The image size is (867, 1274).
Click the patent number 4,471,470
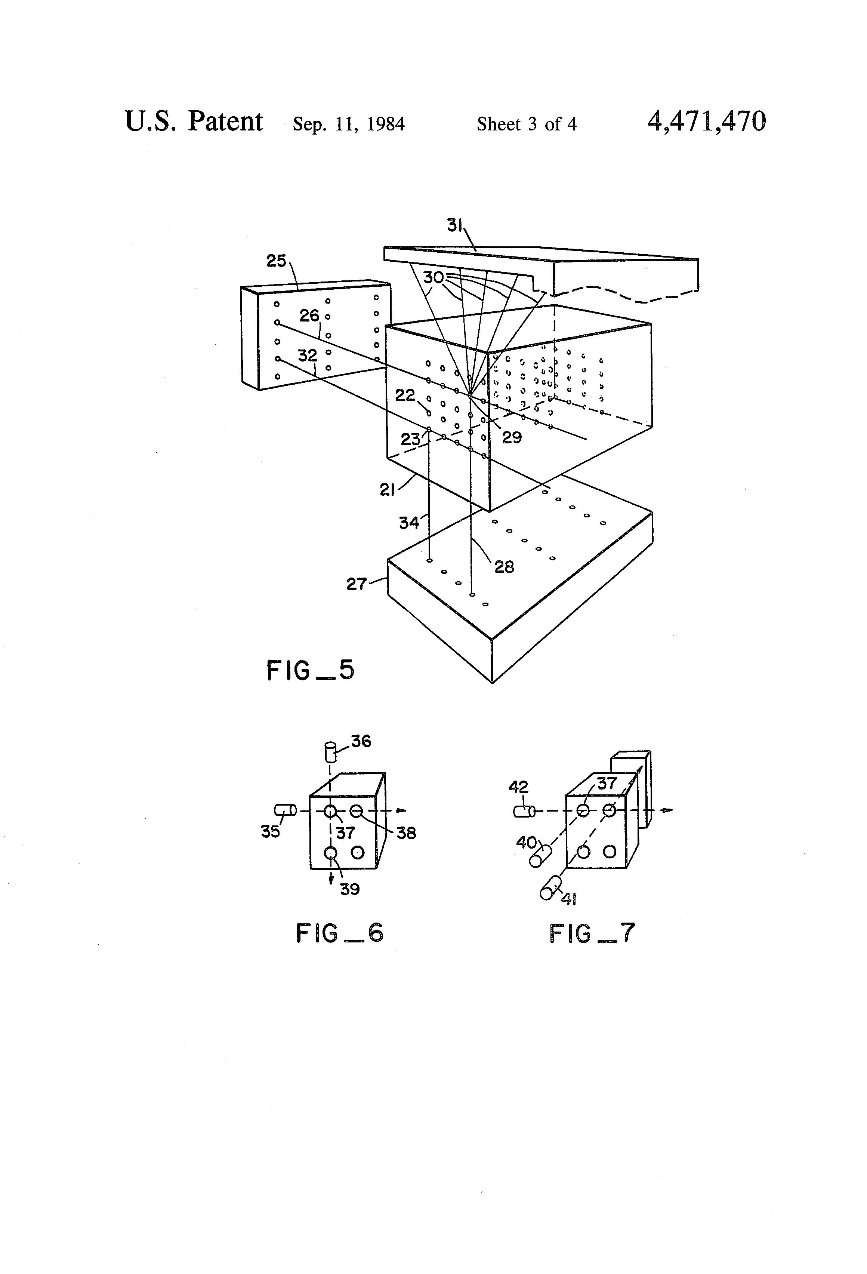click(706, 122)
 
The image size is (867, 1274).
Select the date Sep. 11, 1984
click(349, 124)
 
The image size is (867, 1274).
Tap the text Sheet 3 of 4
click(526, 124)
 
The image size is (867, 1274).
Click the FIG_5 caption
click(310, 670)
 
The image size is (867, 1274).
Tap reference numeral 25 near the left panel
click(276, 261)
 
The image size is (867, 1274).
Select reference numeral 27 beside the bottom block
click(356, 584)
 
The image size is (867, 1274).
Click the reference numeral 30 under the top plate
click(433, 278)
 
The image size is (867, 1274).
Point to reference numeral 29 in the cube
click(512, 437)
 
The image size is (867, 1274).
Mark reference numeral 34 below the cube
click(409, 523)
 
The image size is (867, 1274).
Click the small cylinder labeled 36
click(330, 751)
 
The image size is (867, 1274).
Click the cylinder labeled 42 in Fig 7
click(524, 811)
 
